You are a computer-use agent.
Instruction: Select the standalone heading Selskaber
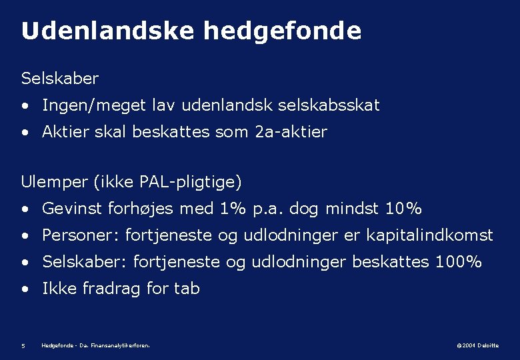pos(60,79)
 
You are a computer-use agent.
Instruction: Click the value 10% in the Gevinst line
pos(403,209)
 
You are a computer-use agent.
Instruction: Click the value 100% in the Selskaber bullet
pos(458,262)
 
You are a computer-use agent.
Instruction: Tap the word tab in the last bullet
pos(187,289)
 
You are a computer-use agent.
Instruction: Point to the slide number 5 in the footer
pos(23,345)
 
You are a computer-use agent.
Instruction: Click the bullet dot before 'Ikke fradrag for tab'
pos(25,289)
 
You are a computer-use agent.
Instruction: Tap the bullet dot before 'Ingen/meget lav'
pos(25,106)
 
